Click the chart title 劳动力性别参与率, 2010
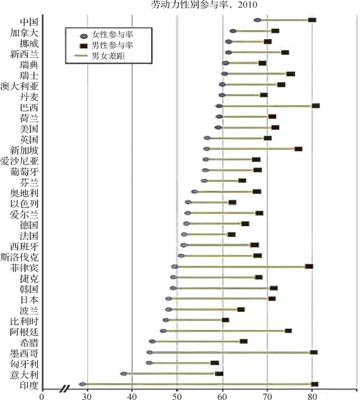(204, 4)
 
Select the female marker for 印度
(83, 384)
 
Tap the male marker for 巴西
(316, 106)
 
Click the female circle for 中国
(257, 20)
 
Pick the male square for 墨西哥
(314, 352)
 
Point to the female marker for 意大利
(124, 374)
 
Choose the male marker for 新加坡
(298, 149)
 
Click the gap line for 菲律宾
(241, 266)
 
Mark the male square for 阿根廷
(289, 331)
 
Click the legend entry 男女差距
(100, 56)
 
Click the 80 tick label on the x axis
(311, 397)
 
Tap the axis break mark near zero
(65, 389)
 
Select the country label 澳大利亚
(20, 86)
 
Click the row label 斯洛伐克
(20, 257)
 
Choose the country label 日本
(29, 300)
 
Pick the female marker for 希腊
(152, 341)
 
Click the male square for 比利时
(226, 320)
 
